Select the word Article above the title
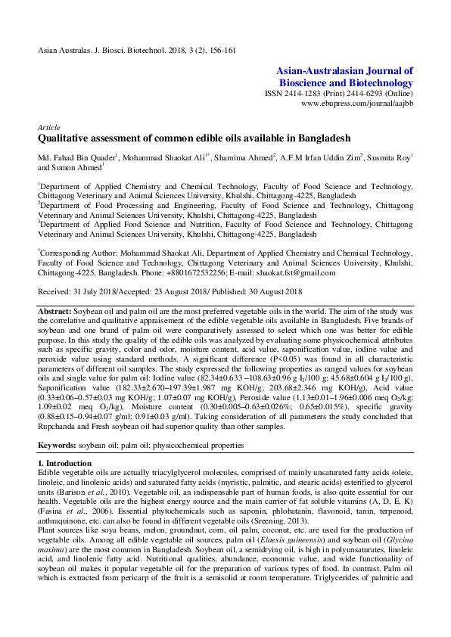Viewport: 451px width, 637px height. coord(49,127)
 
